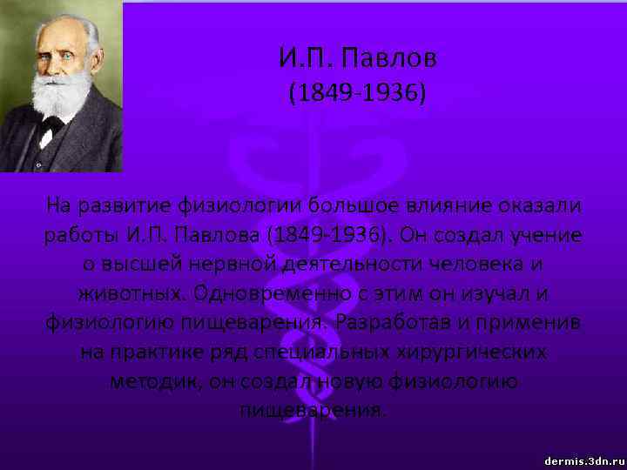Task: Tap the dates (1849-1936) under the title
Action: (358, 93)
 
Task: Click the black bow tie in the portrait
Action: (51, 124)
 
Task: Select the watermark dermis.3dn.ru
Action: (583, 459)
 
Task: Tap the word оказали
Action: (540, 206)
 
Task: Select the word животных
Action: (131, 293)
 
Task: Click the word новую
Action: (357, 380)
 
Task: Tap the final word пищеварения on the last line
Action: (311, 409)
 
